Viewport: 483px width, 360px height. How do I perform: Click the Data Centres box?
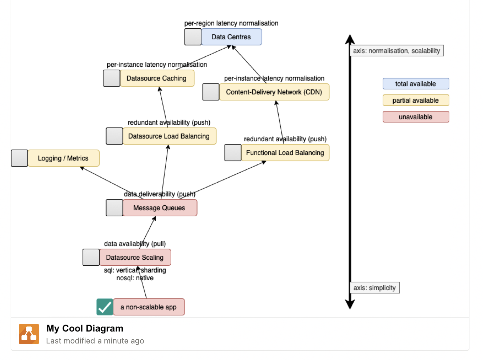click(231, 37)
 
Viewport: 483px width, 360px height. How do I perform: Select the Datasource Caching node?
click(157, 78)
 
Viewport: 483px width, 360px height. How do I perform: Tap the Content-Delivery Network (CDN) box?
click(274, 92)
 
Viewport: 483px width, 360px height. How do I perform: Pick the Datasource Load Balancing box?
click(169, 136)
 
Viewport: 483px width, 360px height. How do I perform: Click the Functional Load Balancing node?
click(285, 153)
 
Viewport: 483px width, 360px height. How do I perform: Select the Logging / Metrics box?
click(63, 158)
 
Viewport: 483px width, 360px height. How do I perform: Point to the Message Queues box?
click(159, 208)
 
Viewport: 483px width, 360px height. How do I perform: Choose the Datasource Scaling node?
click(135, 257)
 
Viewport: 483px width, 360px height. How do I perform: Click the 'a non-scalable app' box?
click(148, 307)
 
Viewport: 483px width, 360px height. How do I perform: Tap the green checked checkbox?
click(105, 307)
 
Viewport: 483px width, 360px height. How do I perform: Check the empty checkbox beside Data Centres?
click(193, 37)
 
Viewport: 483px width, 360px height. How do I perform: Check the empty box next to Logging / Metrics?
click(19, 158)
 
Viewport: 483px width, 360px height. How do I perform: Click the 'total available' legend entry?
click(415, 84)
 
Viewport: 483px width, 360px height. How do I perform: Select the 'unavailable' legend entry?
click(415, 117)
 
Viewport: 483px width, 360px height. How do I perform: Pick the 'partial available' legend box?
click(415, 100)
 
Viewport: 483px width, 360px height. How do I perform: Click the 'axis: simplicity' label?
click(374, 288)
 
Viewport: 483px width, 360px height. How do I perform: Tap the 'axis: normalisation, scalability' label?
click(396, 51)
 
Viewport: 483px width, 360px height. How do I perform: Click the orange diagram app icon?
click(29, 334)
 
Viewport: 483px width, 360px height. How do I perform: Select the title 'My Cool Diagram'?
click(85, 328)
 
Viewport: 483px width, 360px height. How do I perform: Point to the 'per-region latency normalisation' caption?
click(231, 23)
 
